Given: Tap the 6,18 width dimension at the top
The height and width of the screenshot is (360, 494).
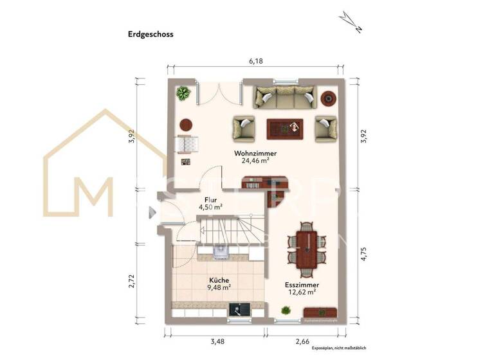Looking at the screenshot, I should click(257, 62).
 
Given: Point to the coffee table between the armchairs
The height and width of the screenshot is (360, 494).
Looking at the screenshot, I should click(284, 128).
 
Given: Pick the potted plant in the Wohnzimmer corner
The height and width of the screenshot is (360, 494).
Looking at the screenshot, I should click(184, 94).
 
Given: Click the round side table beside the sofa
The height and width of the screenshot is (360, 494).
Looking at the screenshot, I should click(329, 98).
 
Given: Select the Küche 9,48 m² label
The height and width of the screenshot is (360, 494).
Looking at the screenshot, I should click(219, 284).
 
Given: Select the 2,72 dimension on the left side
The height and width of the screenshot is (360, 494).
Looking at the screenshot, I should click(131, 282).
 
